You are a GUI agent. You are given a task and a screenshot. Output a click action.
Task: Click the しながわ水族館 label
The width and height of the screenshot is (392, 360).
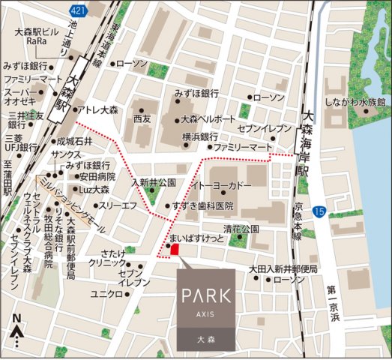click(355, 101)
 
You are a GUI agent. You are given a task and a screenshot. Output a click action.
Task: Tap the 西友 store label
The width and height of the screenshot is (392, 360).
click(142, 119)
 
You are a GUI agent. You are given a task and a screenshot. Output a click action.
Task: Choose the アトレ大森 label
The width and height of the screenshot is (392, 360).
click(97, 110)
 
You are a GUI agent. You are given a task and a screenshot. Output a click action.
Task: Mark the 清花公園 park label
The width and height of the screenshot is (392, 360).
click(240, 228)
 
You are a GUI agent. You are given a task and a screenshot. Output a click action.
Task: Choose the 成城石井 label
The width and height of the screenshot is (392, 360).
click(74, 141)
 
